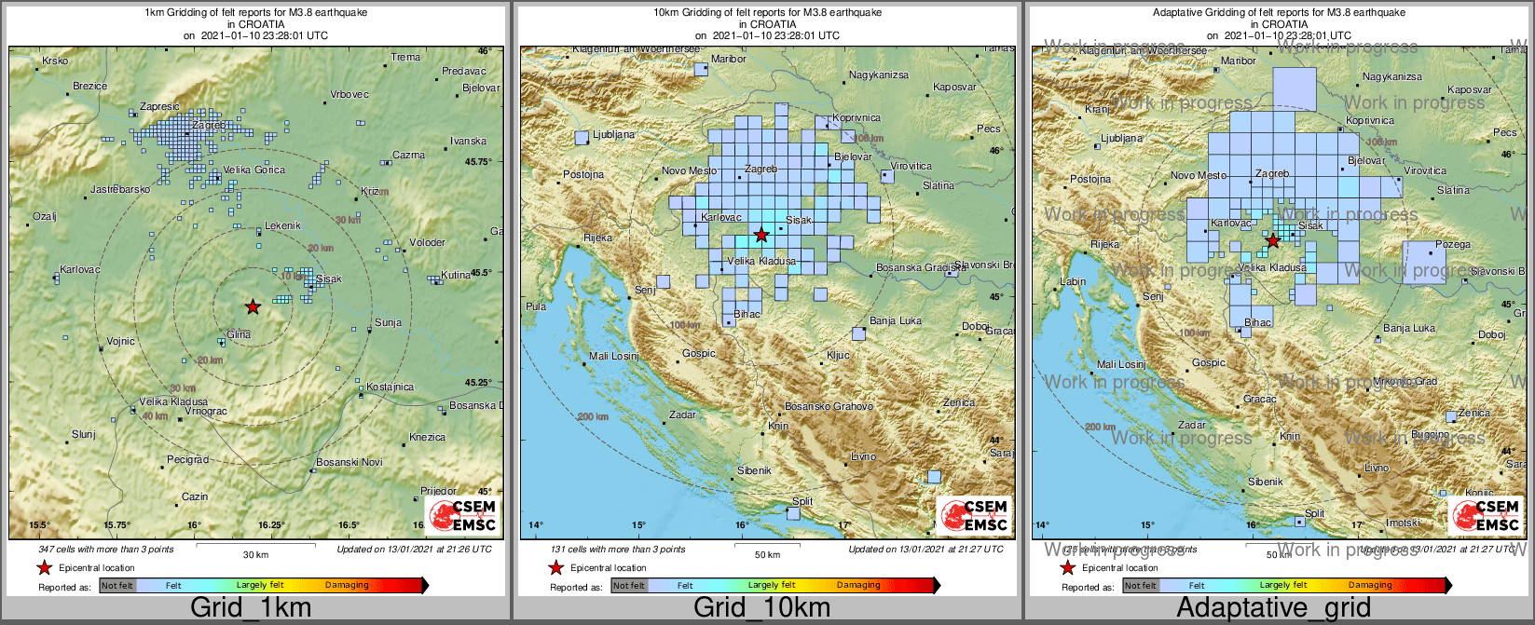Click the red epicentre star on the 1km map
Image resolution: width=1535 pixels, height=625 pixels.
pos(253,306)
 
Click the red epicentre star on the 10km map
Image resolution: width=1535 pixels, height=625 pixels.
pos(761,235)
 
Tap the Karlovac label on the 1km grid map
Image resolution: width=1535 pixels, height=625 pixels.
pos(79,270)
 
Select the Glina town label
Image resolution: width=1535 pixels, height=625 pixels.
pos(239,334)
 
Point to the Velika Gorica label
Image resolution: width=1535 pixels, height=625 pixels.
pos(254,170)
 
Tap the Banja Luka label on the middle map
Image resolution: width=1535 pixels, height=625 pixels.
pos(895,320)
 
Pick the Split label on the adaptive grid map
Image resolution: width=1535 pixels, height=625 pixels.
pos(1314,513)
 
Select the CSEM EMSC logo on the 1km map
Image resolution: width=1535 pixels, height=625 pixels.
pos(463,515)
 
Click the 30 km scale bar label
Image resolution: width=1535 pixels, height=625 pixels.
pos(255,555)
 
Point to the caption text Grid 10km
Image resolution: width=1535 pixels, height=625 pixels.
pos(761,608)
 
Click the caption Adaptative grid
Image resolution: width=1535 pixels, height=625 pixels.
pos(1273,608)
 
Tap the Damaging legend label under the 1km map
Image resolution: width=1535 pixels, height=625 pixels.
pos(347,585)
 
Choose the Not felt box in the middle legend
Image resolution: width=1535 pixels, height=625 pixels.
pos(629,586)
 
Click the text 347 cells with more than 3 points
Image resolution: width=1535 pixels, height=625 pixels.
pos(106,550)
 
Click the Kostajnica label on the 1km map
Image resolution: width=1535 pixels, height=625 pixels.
pos(390,387)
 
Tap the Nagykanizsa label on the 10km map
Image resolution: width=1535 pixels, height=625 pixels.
pos(878,75)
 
